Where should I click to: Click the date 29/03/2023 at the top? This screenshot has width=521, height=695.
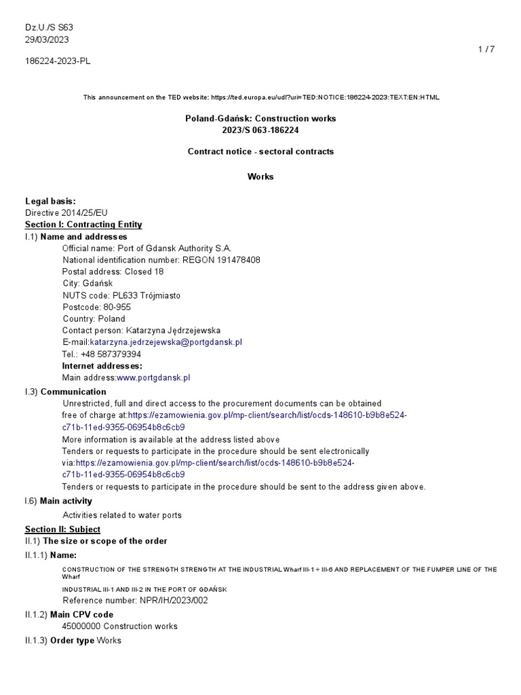coord(47,39)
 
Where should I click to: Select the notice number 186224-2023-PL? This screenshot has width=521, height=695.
coord(58,61)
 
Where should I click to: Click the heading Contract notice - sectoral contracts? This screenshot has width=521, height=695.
coord(260,151)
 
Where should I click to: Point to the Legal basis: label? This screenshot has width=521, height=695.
coord(50,201)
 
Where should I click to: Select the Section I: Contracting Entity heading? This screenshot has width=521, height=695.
coord(83,225)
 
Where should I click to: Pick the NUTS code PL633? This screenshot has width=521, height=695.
coord(124,295)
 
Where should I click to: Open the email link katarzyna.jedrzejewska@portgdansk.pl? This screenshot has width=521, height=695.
coord(166,342)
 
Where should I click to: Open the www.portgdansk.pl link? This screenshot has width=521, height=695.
coord(153,377)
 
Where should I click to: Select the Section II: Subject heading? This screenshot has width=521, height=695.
coord(62,529)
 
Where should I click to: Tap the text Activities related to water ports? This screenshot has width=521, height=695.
coord(122,515)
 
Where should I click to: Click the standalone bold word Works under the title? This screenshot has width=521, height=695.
coord(260,176)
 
